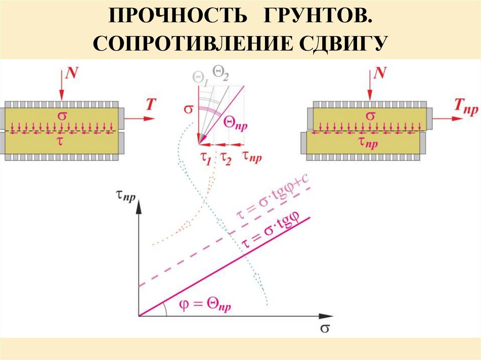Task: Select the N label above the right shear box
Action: [x=381, y=72]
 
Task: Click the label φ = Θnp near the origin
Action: [x=205, y=306]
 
